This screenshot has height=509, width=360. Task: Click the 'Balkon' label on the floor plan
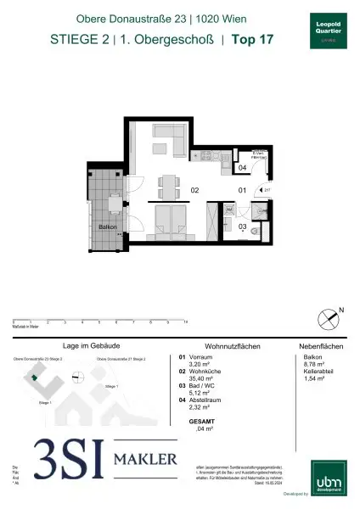(x=107, y=228)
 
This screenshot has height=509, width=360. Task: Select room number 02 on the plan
(x=194, y=191)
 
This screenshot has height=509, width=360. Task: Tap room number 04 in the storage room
(x=241, y=169)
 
